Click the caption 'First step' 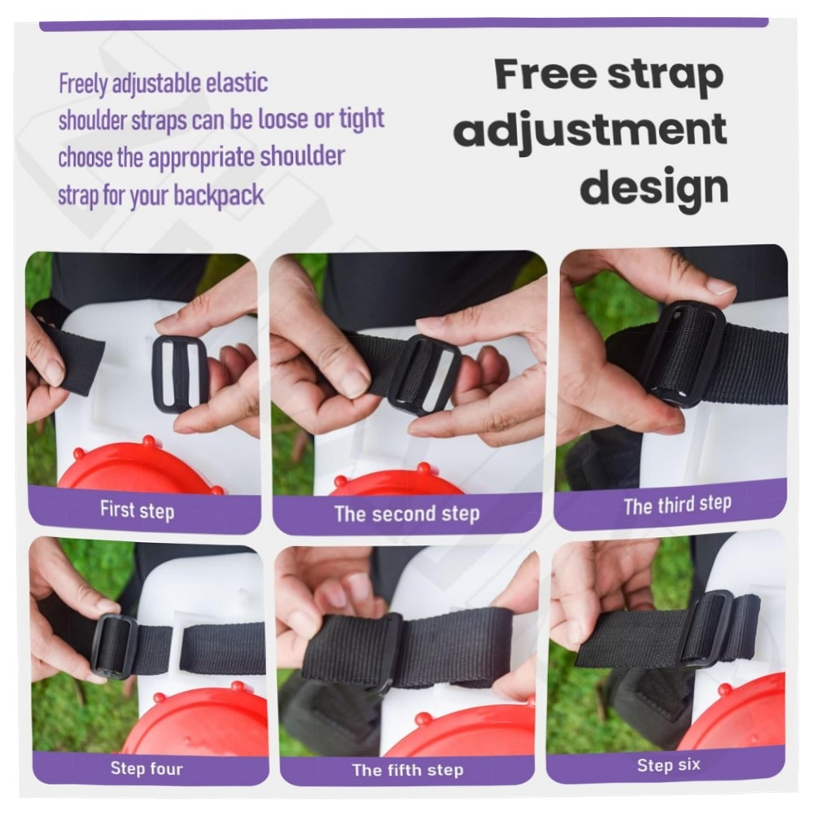tap(137, 510)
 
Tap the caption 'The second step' tap(407, 514)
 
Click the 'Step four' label tap(147, 768)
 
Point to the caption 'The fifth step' tap(408, 770)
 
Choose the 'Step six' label tap(668, 765)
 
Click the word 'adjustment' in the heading tap(590, 129)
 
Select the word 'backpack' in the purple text tap(218, 195)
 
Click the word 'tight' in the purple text tap(361, 119)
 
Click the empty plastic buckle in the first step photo tap(180, 374)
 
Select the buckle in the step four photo tap(114, 646)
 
